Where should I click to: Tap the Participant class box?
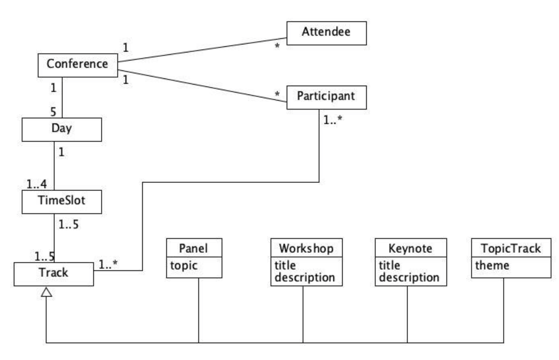[x=326, y=95]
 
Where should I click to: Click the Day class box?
[x=62, y=129]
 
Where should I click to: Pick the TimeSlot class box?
[x=62, y=202]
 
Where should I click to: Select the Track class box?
[x=53, y=274]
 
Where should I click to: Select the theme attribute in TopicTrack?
[x=492, y=266]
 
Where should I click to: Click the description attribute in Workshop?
[x=305, y=277]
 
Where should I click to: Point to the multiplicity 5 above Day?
[x=53, y=111]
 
